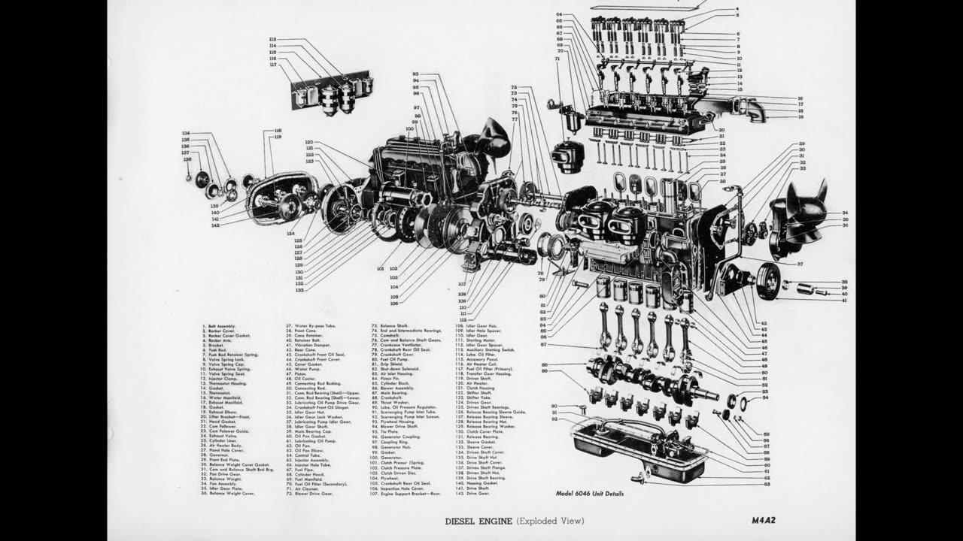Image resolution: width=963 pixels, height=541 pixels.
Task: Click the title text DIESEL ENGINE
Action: (x=478, y=521)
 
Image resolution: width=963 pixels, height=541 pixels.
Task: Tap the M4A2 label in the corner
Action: (x=764, y=520)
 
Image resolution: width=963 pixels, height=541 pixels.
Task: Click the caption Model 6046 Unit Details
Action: (x=589, y=494)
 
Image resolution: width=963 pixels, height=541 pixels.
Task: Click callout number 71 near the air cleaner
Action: (x=557, y=58)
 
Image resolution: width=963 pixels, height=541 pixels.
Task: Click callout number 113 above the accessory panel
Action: (x=272, y=39)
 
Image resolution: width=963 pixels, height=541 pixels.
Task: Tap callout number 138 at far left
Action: (x=187, y=159)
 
